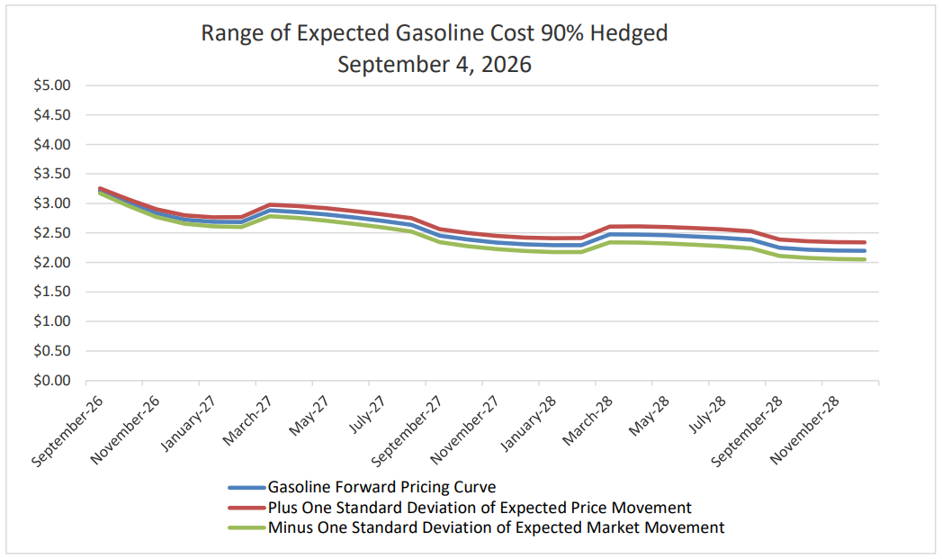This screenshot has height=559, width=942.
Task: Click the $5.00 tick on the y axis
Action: coord(52,86)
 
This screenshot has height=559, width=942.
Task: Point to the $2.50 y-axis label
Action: coord(52,233)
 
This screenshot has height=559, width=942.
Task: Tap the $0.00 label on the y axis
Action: coord(52,381)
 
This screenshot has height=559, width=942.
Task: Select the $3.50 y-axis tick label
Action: coord(52,174)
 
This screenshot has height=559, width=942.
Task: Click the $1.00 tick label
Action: coord(52,321)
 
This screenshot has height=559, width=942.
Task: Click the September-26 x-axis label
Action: coord(67,431)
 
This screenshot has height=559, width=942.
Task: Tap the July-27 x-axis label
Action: coord(367,414)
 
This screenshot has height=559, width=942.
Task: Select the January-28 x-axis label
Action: coord(528,424)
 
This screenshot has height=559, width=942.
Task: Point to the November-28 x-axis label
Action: coord(804,429)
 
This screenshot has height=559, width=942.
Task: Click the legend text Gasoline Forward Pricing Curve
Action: coord(382,487)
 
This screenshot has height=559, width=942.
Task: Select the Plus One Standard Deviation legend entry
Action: coord(480,508)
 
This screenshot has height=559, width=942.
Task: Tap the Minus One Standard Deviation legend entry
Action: coord(497,527)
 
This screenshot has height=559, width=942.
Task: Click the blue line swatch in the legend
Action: coord(247,488)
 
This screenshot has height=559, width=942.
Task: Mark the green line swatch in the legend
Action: coord(247,527)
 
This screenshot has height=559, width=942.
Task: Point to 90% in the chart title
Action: coord(562,33)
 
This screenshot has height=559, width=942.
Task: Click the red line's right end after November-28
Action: coord(865,242)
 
